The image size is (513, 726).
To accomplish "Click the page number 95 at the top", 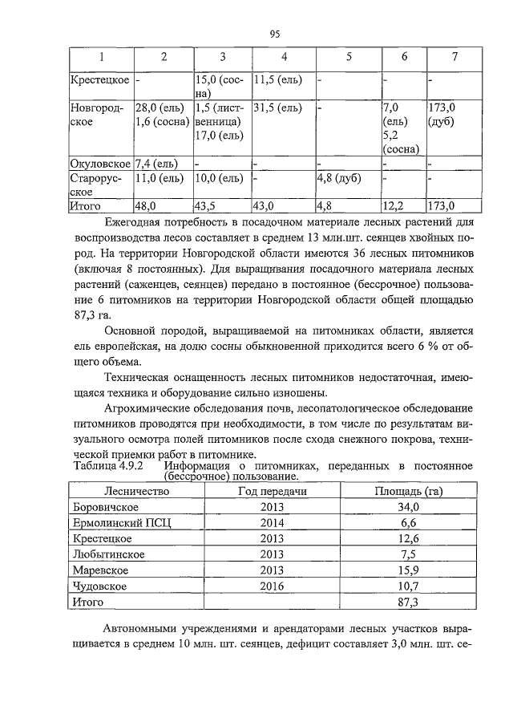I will [274, 34].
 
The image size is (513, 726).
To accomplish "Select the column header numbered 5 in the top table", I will [349, 57].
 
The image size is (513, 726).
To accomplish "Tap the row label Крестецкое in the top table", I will [99, 80].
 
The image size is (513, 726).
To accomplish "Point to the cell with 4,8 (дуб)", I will [338, 177].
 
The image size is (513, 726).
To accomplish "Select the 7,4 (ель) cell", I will [156, 163].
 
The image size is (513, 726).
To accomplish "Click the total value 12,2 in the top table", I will [394, 206].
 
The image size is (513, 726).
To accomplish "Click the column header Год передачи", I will [273, 491].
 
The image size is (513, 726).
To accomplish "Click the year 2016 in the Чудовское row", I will [273, 586].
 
